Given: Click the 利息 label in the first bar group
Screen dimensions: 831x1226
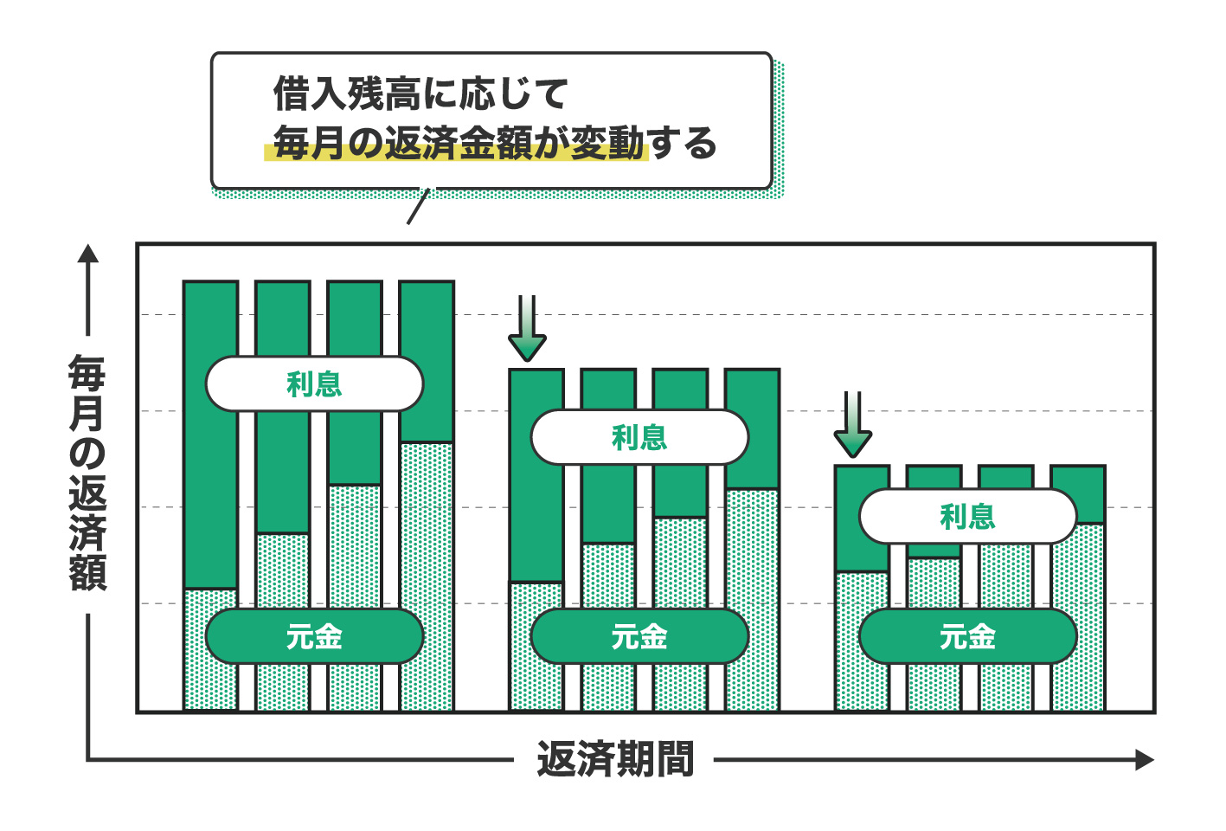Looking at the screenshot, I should (x=314, y=383).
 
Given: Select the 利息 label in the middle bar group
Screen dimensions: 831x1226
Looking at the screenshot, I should (x=639, y=437).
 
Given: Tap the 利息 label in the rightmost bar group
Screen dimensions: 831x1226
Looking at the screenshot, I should (x=967, y=516).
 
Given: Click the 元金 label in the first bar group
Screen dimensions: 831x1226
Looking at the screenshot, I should (x=314, y=636).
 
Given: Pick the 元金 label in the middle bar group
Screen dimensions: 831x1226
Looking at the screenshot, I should (x=639, y=636).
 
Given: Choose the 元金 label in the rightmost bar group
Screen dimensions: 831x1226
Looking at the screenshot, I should (x=967, y=636).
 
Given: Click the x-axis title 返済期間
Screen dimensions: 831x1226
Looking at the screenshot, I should (x=615, y=760).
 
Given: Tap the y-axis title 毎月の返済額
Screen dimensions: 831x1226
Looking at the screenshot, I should (x=87, y=472).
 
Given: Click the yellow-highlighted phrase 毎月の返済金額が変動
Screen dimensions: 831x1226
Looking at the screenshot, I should (x=459, y=144).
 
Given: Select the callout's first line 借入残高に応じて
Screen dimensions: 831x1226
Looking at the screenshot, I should (x=420, y=93).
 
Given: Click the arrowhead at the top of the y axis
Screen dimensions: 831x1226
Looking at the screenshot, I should (x=88, y=253).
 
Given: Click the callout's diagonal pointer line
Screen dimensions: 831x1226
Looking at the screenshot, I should (x=418, y=206).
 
